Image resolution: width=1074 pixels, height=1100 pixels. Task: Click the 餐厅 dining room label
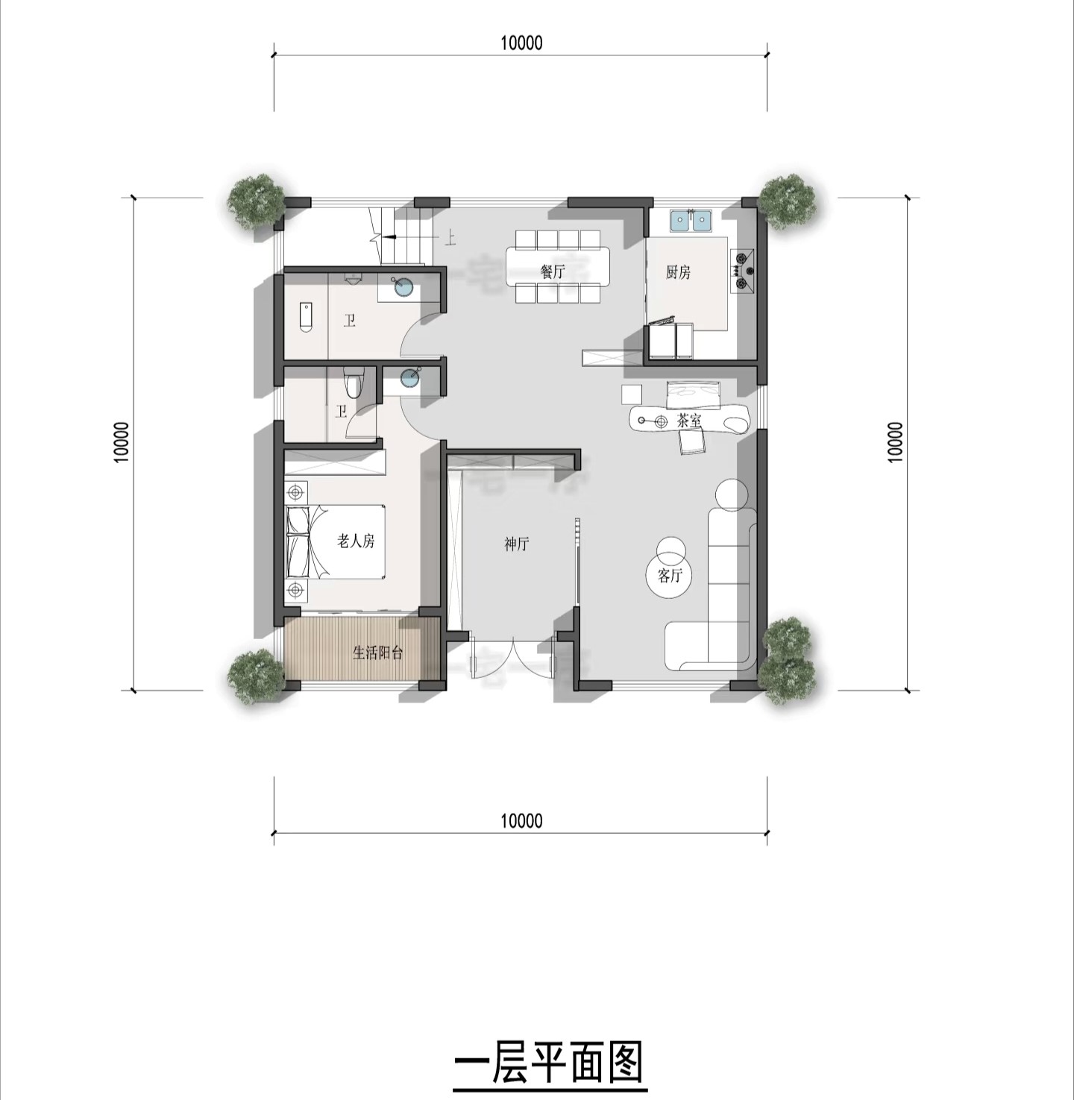click(552, 272)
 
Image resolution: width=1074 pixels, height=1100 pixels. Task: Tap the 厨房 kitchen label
click(678, 272)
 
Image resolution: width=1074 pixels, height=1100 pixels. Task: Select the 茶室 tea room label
click(689, 421)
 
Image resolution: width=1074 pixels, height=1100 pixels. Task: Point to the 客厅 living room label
click(671, 576)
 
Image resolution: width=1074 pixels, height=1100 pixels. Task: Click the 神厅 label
click(517, 544)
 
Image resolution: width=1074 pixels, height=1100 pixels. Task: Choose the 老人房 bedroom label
click(356, 541)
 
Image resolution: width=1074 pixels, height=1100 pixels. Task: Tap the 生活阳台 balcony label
click(378, 653)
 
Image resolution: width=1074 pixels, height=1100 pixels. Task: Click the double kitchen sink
click(691, 221)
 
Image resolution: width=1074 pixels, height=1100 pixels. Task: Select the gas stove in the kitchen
click(743, 271)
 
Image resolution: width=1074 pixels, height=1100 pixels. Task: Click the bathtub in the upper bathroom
click(305, 318)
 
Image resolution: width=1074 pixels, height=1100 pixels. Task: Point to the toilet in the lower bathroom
click(354, 382)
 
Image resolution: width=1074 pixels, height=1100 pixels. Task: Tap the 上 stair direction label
click(450, 239)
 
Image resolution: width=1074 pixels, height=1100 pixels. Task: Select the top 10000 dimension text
click(521, 43)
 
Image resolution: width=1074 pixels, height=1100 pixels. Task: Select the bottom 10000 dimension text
click(521, 821)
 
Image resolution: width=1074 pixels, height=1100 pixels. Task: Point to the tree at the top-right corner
click(787, 202)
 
